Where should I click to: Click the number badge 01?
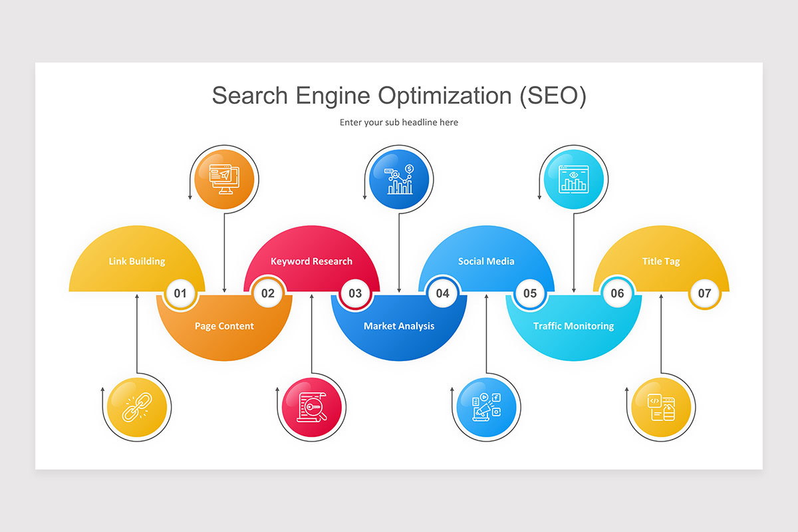coord(180,293)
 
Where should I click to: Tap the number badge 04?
coord(443,293)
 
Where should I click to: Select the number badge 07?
coord(705,293)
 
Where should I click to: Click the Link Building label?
coord(137,261)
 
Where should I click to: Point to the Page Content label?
coord(224,326)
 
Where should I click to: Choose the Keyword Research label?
coord(311,261)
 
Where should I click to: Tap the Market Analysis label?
coord(399,326)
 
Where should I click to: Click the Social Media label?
coord(486,261)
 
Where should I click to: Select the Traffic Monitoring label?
coord(573,326)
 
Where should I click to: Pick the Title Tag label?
coord(661,261)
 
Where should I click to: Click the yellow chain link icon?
coord(137,408)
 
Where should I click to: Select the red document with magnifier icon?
coord(312,408)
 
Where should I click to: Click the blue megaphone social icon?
coord(486,408)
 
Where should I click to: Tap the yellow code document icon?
coord(661,408)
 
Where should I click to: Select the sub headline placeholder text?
coord(399,122)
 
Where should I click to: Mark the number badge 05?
coord(530,293)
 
